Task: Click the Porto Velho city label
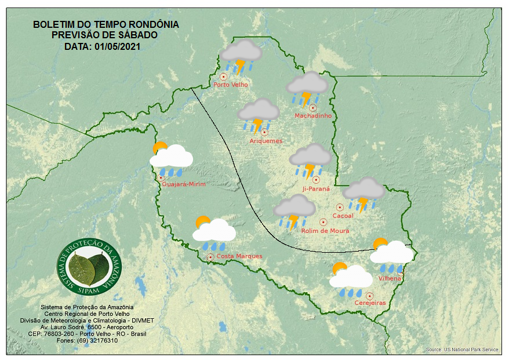[x=231, y=85]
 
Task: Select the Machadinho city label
[x=313, y=116]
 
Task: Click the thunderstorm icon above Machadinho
[x=307, y=89]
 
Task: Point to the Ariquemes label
[x=266, y=141]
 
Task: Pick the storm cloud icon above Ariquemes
[x=259, y=115]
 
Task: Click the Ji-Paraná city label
[x=316, y=189]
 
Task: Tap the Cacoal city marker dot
[x=340, y=207]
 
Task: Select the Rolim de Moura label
[x=325, y=231]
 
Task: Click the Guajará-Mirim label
[x=184, y=184]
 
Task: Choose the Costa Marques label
[x=239, y=256]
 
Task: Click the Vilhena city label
[x=390, y=278]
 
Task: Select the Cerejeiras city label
[x=370, y=303]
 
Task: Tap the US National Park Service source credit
[x=461, y=350]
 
